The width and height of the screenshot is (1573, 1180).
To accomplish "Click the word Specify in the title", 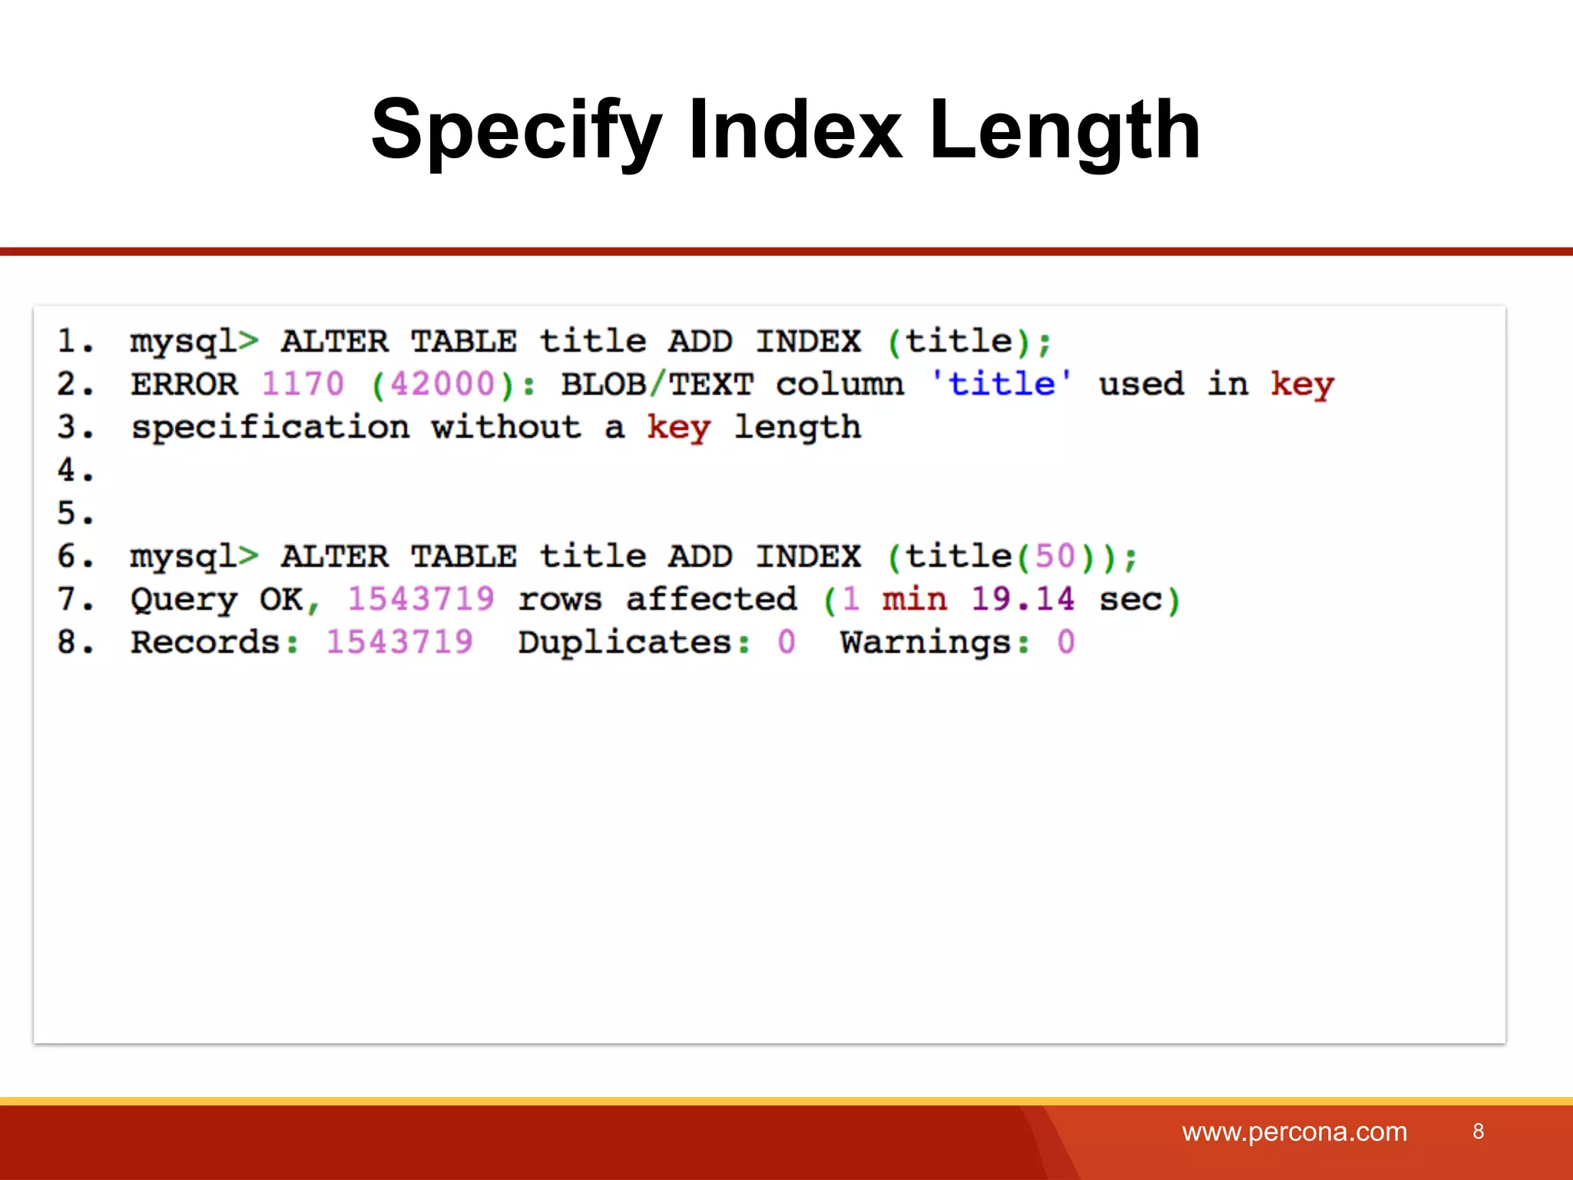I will coord(516,131).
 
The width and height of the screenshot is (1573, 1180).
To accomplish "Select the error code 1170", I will coord(303,384).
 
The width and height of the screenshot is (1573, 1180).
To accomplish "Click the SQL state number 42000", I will coord(442,384).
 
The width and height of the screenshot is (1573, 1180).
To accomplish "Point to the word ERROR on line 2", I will coord(184,384).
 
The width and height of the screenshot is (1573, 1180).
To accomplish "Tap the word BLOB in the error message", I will coord(604,384).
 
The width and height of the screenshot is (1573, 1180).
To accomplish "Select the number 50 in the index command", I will coord(1055,556).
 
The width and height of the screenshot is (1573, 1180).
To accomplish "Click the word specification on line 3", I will coord(270,427).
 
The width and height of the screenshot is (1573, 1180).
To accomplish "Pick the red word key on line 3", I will coord(678,428).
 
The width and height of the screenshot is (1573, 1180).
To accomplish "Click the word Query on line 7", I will coord(184,600).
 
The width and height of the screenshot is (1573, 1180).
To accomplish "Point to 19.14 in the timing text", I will coord(1022,599).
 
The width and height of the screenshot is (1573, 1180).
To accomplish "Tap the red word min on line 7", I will coord(914,599).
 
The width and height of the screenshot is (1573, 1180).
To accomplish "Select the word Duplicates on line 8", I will coord(624,642).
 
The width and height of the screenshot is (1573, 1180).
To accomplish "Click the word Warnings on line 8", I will coord(926,642).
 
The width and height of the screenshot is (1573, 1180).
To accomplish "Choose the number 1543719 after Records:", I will coord(399,642).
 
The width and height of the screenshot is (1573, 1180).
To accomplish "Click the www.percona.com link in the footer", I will coord(1294,1132).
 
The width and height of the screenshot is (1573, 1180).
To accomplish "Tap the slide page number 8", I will coord(1478,1131).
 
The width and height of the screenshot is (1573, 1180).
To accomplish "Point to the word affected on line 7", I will coord(711,599).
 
